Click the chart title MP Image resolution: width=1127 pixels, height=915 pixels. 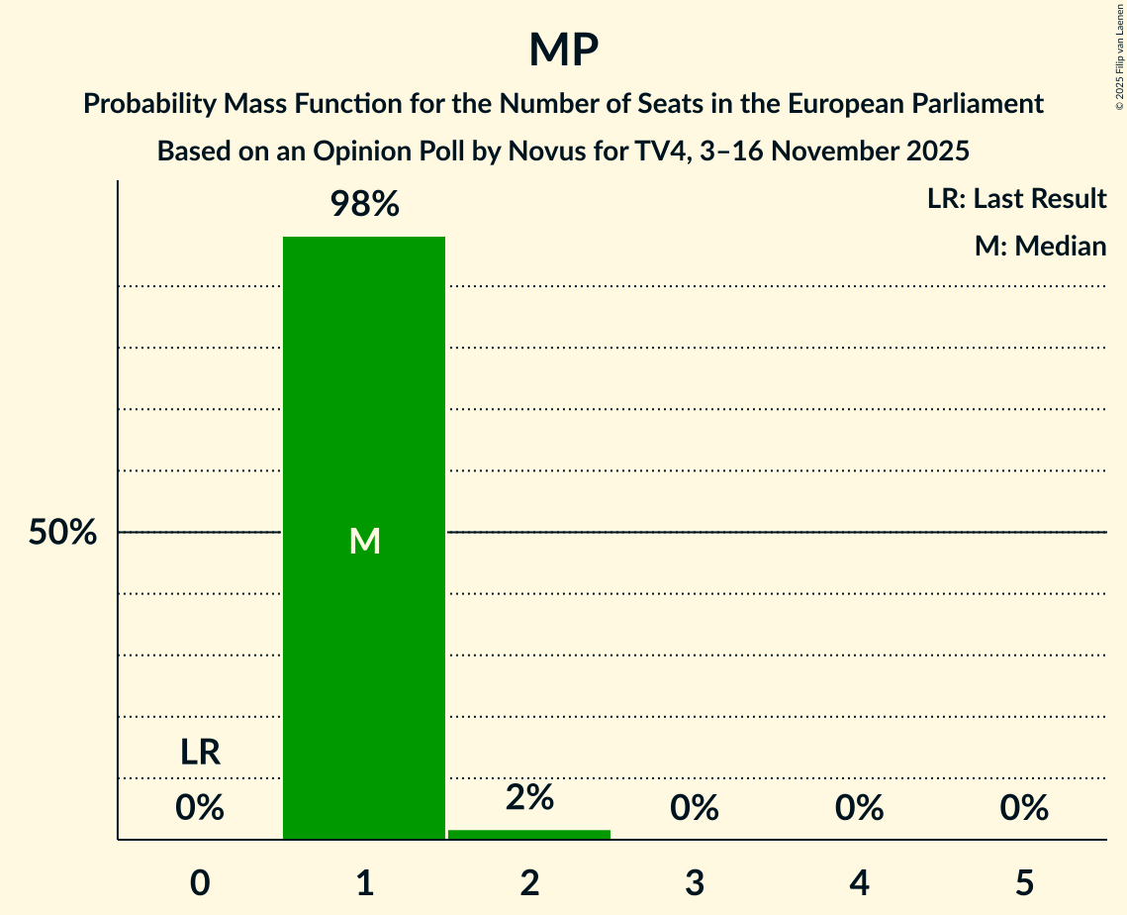click(563, 50)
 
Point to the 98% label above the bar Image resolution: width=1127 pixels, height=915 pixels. click(364, 205)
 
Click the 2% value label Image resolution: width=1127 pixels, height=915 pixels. click(529, 797)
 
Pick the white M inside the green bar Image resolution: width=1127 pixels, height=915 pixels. click(364, 541)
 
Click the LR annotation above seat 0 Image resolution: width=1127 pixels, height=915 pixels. click(200, 753)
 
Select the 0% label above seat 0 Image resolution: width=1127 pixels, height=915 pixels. click(200, 808)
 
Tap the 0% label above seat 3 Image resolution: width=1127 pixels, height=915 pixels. click(695, 808)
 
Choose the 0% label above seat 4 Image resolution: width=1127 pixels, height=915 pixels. click(859, 808)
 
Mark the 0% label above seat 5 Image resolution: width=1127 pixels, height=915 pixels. click(1024, 808)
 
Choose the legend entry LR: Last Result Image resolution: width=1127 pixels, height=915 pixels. click(1016, 199)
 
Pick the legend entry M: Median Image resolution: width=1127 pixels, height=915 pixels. click(1040, 246)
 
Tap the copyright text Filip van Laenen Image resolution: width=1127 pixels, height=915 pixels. click(1118, 40)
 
